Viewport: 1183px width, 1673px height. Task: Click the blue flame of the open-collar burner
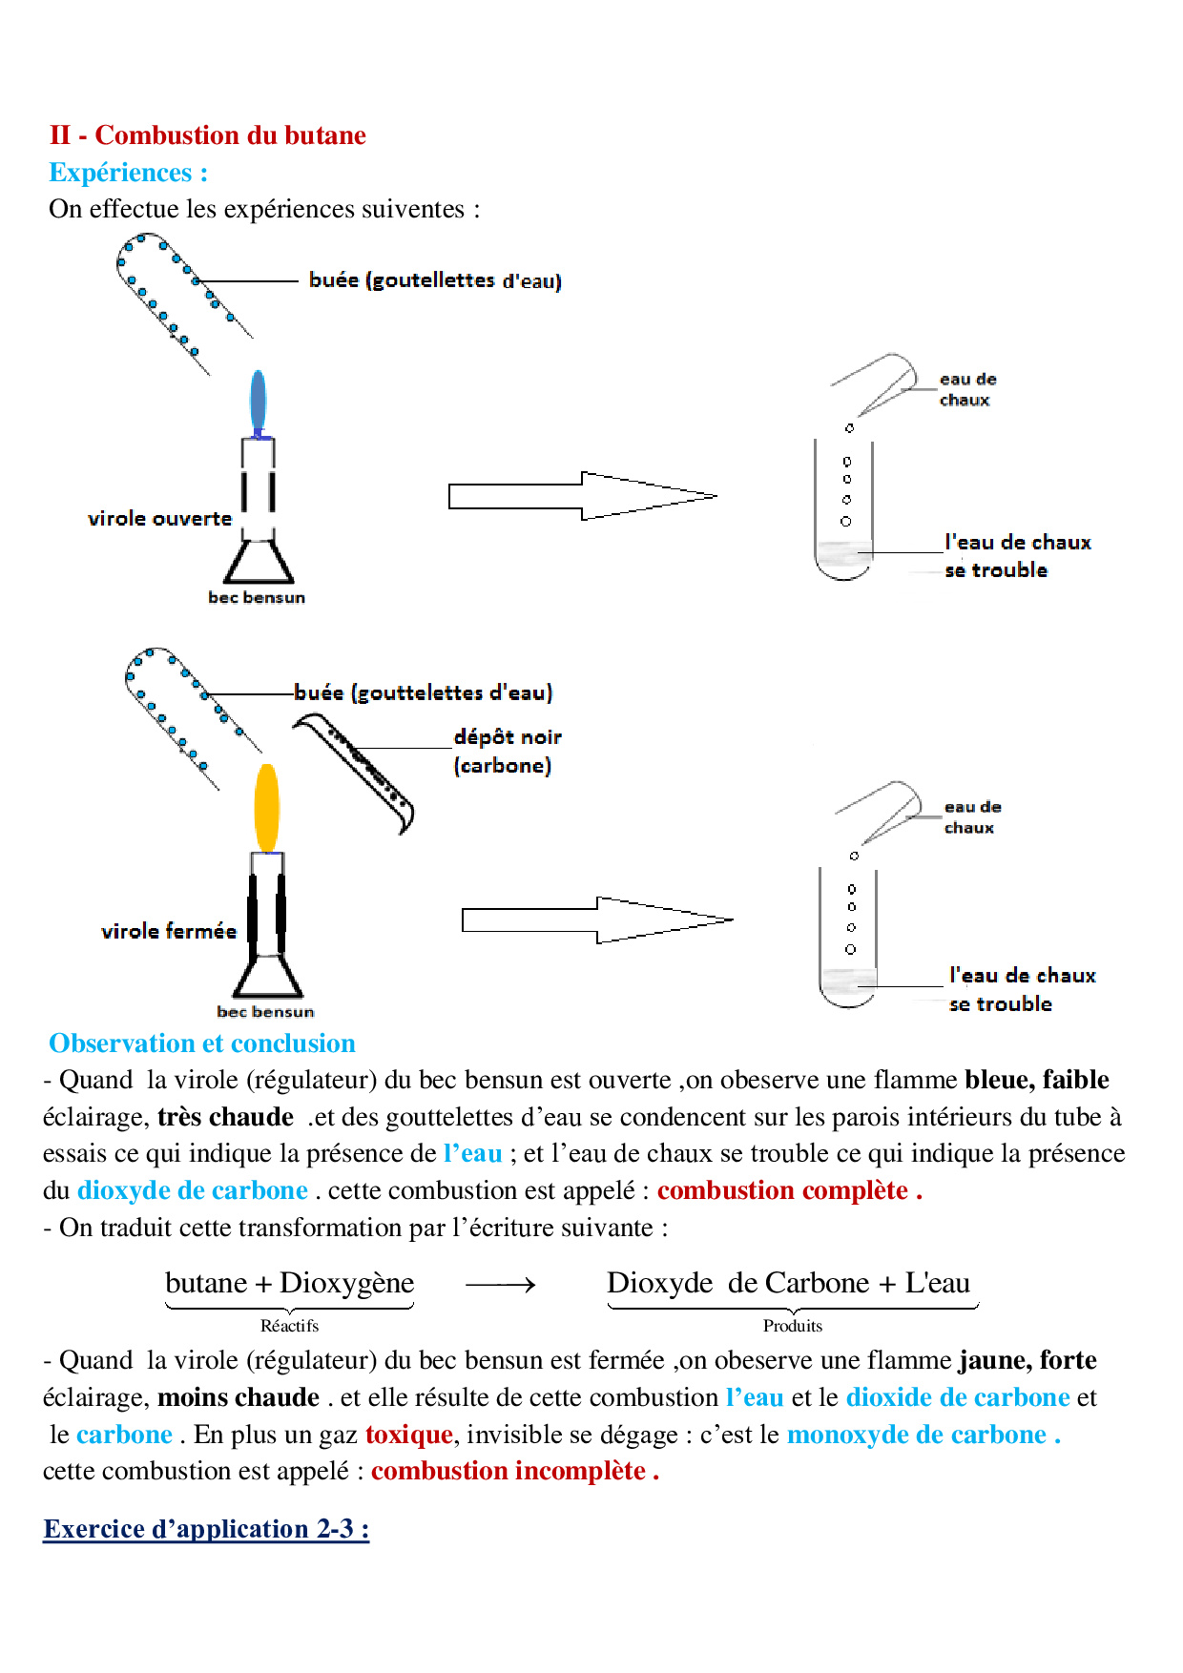click(258, 402)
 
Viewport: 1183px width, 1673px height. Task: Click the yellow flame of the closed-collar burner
click(267, 807)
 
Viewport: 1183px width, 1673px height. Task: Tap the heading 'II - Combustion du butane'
click(208, 135)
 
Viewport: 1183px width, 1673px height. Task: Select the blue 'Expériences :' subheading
click(129, 173)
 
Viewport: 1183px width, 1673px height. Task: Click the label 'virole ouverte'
click(160, 519)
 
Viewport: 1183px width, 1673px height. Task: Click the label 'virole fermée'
click(169, 931)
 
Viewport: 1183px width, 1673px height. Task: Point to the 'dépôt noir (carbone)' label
click(507, 751)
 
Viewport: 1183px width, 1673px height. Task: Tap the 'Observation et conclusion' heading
click(202, 1043)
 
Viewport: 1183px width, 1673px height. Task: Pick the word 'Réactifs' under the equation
click(289, 1326)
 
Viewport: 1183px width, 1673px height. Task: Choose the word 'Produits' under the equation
click(792, 1326)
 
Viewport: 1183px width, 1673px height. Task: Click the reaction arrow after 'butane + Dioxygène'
click(501, 1286)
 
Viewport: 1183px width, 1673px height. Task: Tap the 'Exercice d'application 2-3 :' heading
click(206, 1529)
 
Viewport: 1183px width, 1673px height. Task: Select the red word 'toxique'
click(408, 1435)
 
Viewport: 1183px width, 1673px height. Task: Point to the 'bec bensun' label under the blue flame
click(257, 598)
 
